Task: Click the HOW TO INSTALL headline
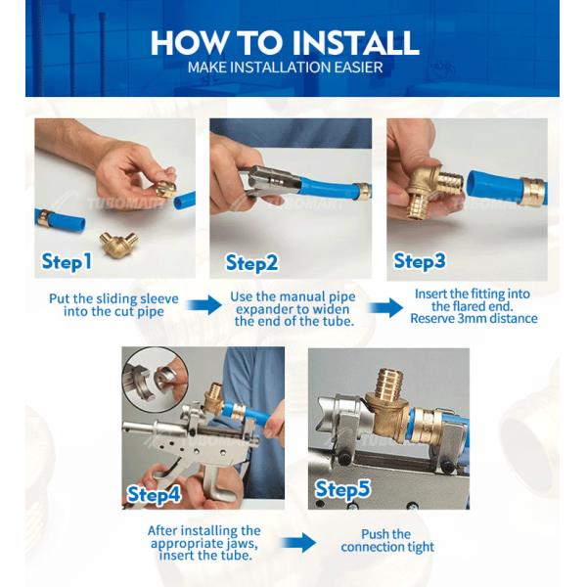click(x=285, y=43)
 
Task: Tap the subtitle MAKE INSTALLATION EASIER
click(x=285, y=68)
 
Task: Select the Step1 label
click(x=67, y=261)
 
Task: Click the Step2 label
click(x=251, y=263)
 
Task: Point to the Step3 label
click(x=420, y=261)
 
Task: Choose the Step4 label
click(x=154, y=495)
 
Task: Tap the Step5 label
click(x=342, y=490)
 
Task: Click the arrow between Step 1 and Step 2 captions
click(x=204, y=304)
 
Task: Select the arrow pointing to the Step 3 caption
click(x=385, y=308)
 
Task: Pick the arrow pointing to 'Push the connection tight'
click(x=298, y=542)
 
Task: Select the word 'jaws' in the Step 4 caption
click(x=242, y=543)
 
